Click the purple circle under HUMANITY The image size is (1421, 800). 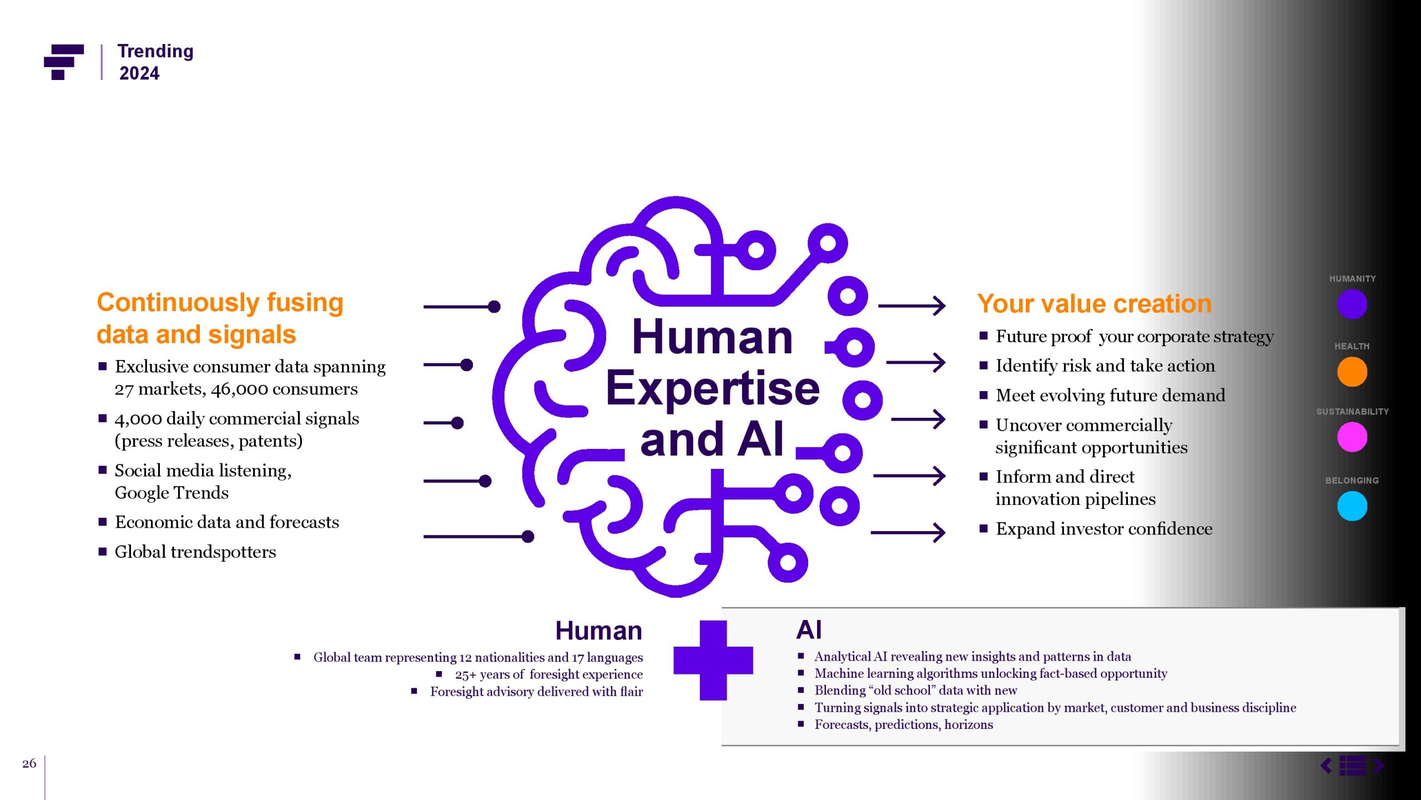1352,304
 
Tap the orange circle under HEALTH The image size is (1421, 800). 1352,372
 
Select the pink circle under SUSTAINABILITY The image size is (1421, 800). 1352,437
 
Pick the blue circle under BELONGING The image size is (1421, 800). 1352,506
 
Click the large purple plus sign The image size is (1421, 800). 713,660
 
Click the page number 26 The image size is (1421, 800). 29,763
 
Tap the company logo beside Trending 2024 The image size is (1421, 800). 64,62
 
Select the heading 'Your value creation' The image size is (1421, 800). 1094,304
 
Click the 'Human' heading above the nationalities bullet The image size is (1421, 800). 598,631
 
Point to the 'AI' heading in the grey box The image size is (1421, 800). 809,630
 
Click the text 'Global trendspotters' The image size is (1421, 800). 195,552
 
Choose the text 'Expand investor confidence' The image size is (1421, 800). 1103,528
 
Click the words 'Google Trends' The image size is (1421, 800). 172,493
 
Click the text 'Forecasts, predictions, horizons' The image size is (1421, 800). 904,724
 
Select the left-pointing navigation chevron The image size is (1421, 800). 1326,766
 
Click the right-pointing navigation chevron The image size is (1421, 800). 1379,766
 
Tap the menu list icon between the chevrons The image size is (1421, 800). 1352,766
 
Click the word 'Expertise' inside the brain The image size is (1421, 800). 713,388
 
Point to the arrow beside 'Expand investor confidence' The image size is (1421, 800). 909,532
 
